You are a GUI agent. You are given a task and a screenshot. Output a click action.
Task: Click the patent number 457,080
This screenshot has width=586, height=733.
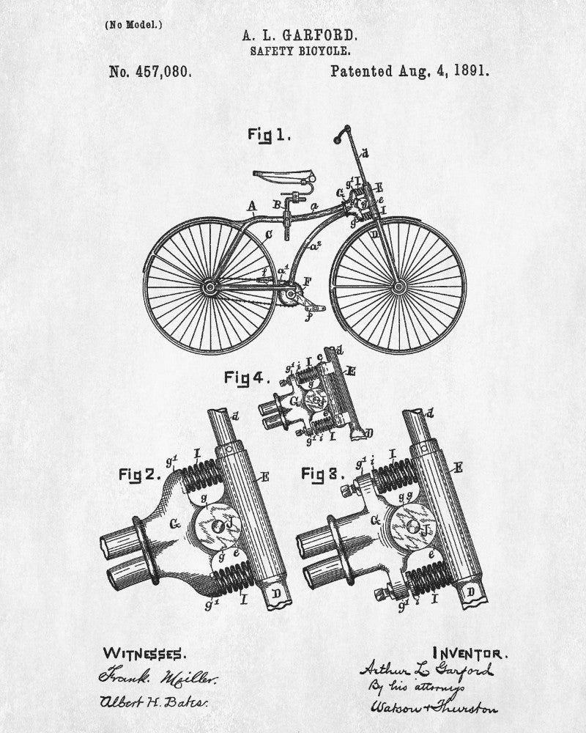(150, 72)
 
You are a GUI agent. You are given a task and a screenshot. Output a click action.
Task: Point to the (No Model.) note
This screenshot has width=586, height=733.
(133, 24)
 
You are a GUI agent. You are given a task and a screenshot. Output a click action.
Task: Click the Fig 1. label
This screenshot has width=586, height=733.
(269, 135)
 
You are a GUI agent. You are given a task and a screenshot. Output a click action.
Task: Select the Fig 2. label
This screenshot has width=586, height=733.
(139, 474)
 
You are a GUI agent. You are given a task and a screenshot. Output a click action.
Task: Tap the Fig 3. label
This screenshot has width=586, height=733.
(323, 474)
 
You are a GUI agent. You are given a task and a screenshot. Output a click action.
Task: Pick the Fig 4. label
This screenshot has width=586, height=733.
(247, 379)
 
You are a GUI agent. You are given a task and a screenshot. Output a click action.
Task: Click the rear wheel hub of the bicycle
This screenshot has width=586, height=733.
(211, 287)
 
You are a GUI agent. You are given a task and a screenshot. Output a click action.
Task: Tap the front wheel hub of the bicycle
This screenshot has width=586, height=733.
(399, 284)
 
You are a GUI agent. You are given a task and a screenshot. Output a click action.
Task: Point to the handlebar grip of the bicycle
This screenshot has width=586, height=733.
(339, 135)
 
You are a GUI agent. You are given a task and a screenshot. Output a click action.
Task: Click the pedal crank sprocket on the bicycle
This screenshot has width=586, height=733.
(290, 296)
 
